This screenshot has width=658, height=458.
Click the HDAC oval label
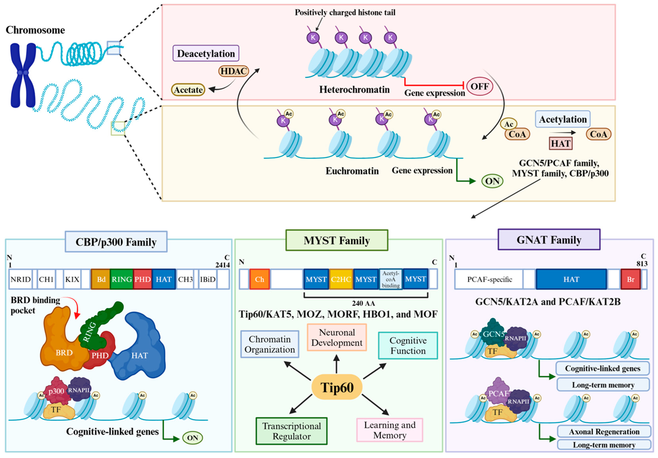tap(233, 71)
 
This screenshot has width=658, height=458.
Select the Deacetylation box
tap(206, 53)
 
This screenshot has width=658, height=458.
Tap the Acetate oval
tap(188, 90)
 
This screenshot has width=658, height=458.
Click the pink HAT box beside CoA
tap(561, 143)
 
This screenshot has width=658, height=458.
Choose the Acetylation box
tap(563, 119)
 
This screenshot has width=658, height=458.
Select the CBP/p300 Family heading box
tap(116, 242)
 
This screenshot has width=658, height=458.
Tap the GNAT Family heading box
tap(549, 240)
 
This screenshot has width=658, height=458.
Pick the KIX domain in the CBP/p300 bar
tap(72, 279)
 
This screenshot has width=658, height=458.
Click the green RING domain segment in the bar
tap(122, 279)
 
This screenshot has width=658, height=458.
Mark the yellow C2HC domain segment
tap(341, 279)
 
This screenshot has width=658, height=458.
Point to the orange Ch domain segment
tap(259, 279)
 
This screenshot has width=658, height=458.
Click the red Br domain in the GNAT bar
tap(630, 279)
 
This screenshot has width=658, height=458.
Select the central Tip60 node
tap(337, 387)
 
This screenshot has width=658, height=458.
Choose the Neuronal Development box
tap(337, 338)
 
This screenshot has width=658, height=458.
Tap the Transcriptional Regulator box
tap(291, 431)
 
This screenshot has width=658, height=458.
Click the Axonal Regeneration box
tap(604, 432)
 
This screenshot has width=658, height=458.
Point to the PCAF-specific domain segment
tap(489, 279)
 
